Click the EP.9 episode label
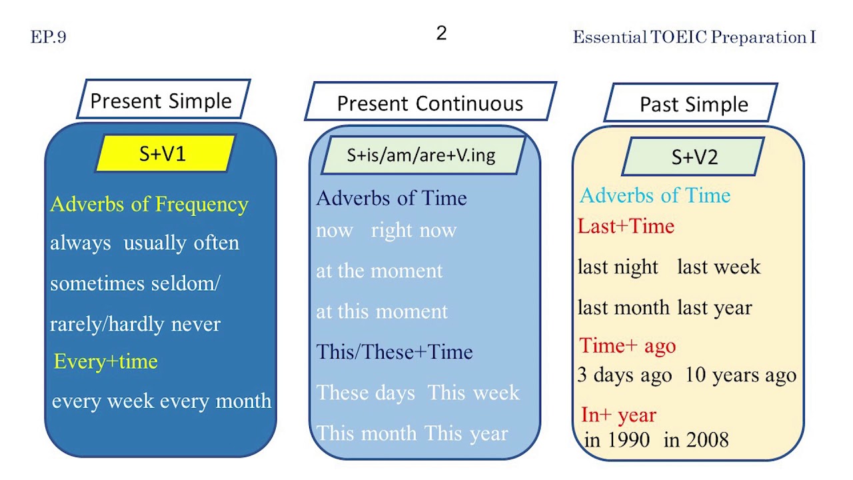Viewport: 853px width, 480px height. pyautogui.click(x=48, y=37)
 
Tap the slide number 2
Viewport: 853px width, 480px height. pyautogui.click(x=441, y=33)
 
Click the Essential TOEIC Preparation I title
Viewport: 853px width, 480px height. pyautogui.click(x=694, y=37)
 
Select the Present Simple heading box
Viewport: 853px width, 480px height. pyautogui.click(x=162, y=101)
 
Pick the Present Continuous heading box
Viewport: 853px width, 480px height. pyautogui.click(x=430, y=103)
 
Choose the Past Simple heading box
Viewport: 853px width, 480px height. pyautogui.click(x=693, y=104)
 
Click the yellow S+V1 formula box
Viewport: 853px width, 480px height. pyautogui.click(x=163, y=154)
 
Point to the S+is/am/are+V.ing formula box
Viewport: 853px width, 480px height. pyautogui.click(x=421, y=155)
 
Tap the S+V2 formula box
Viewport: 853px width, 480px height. pyautogui.click(x=694, y=157)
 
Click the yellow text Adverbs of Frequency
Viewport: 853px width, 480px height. pyautogui.click(x=149, y=204)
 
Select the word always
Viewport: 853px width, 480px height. pyautogui.click(x=81, y=243)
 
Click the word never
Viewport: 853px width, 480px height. pyautogui.click(x=195, y=325)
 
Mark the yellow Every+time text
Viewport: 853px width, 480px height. pyautogui.click(x=105, y=361)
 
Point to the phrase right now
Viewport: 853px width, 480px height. pyautogui.click(x=414, y=231)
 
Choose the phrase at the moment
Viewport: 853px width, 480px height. pyautogui.click(x=379, y=271)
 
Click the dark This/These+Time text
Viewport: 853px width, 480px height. pyautogui.click(x=395, y=352)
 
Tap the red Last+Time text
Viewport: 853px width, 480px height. pyautogui.click(x=626, y=227)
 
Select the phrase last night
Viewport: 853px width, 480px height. pyautogui.click(x=618, y=267)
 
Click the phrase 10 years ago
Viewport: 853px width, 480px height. pyautogui.click(x=740, y=375)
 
